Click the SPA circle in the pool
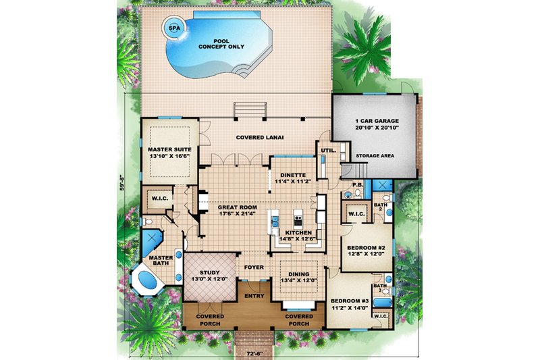coord(174,28)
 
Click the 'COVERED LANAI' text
coord(259,138)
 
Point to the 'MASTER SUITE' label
coord(169,151)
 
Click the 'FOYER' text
coord(254,267)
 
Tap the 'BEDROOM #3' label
coord(349,302)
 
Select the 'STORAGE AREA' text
coord(375,155)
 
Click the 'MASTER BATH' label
coord(159,260)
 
